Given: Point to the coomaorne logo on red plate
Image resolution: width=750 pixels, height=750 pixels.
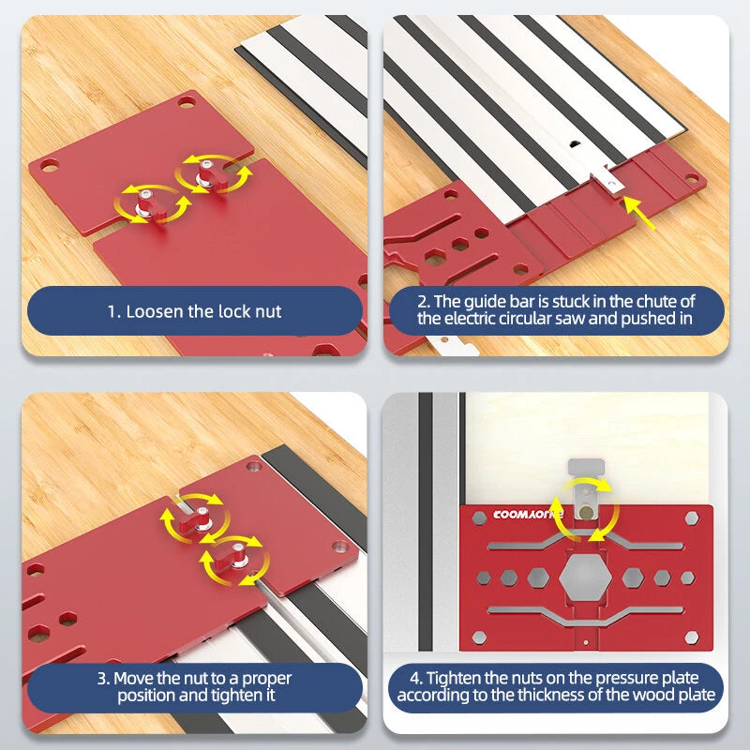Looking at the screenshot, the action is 528,515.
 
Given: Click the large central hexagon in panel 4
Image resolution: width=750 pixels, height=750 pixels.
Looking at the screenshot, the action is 585,577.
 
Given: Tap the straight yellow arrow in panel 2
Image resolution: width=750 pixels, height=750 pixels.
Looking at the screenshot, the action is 639,213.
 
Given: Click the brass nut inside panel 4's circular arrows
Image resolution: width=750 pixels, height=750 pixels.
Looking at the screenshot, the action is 585,513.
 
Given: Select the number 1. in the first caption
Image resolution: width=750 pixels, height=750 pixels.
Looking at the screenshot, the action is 114,312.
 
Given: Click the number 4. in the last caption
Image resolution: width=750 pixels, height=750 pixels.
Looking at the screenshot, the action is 415,678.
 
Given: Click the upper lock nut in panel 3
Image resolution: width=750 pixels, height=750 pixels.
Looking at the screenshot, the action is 196,519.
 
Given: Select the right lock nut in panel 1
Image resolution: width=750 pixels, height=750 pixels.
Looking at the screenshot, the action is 210,175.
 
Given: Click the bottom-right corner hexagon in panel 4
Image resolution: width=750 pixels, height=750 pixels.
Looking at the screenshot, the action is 692,637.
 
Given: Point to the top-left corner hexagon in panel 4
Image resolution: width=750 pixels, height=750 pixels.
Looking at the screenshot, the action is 479,518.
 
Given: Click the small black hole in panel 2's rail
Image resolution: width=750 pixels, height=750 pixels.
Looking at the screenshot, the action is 573,143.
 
